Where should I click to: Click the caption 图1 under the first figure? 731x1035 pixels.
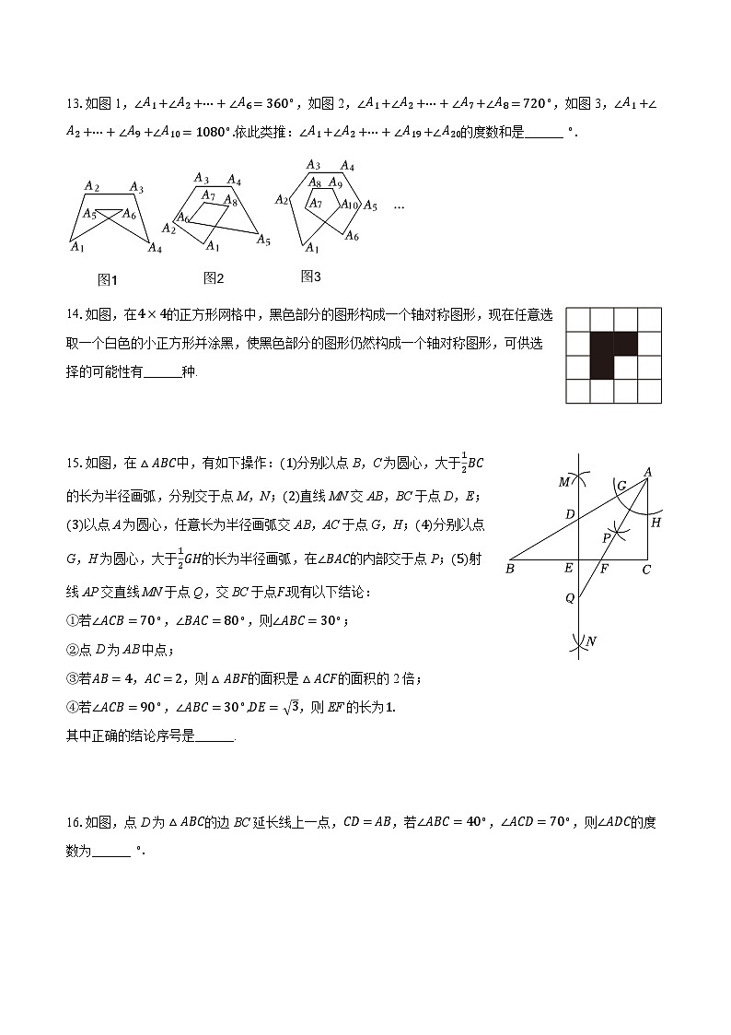(108, 280)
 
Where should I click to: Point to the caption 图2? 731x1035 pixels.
(214, 278)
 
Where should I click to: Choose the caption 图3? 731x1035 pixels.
(311, 276)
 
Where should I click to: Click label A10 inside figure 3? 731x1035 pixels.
(349, 204)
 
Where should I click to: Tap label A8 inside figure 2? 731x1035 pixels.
(230, 201)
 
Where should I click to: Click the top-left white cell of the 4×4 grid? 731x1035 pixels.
(578, 320)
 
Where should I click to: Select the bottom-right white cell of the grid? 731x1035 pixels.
(649, 392)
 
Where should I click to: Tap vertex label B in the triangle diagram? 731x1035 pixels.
(509, 570)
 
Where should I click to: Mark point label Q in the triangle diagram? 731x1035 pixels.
(570, 597)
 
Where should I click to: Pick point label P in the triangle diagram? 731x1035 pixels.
(606, 537)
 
